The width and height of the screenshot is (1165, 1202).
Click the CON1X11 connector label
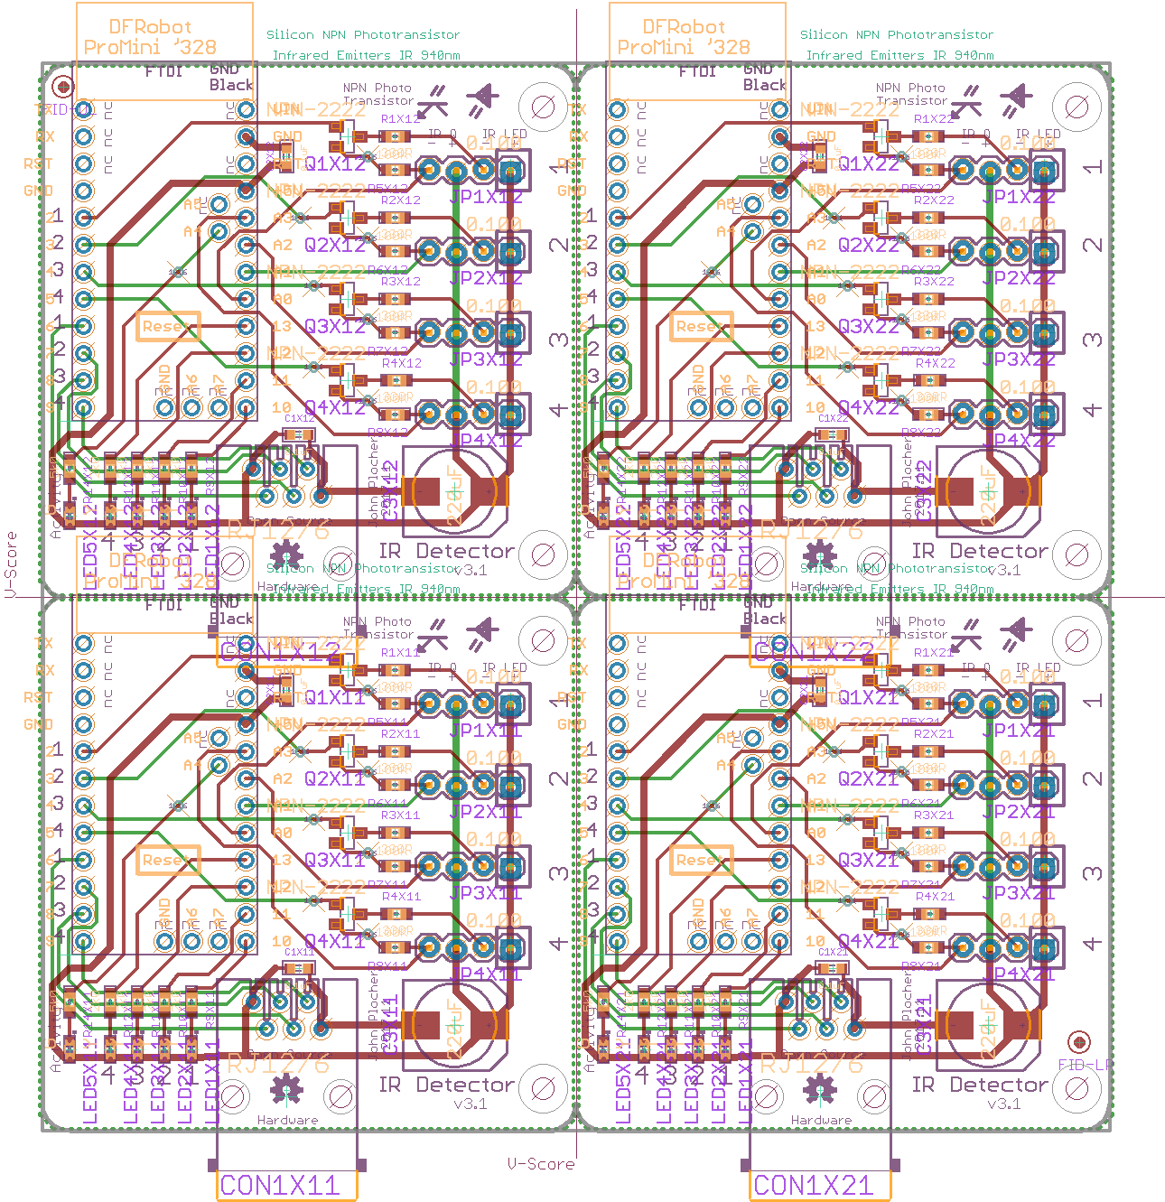click(280, 1185)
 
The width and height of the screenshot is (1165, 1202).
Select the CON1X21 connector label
click(814, 1185)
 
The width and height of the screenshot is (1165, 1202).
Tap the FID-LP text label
click(1086, 1065)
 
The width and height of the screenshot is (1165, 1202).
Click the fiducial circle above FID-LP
click(1078, 1041)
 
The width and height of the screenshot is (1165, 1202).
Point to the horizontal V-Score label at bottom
click(540, 1164)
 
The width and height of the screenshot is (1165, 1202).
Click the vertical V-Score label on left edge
click(11, 564)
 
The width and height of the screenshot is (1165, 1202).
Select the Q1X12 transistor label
click(335, 163)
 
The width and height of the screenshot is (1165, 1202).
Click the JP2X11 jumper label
click(486, 811)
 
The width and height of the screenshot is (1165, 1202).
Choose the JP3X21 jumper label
click(1020, 892)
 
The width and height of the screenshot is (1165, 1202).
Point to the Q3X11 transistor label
click(335, 860)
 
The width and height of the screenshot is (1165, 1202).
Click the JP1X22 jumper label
click(1020, 196)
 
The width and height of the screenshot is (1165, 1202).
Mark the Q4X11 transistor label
click(335, 941)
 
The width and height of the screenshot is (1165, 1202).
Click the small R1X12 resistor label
click(401, 118)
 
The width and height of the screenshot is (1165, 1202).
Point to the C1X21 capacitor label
click(833, 952)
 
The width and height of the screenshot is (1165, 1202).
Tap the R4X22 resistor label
click(935, 363)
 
